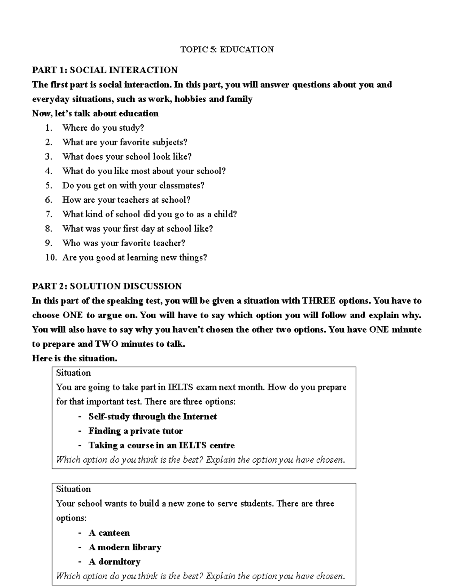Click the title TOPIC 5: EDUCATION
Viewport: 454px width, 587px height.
click(227, 50)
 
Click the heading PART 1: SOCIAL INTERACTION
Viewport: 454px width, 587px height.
click(105, 70)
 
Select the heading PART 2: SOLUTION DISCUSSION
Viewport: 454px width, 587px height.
click(107, 286)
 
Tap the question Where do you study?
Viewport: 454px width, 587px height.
click(103, 128)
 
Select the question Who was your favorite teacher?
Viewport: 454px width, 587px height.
click(123, 243)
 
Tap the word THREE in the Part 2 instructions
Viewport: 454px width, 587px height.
click(319, 301)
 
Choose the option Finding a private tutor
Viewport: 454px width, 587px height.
click(135, 431)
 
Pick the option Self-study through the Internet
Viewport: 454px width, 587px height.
click(152, 417)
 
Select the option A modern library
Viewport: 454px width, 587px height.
click(124, 547)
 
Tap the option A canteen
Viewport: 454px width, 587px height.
click(109, 533)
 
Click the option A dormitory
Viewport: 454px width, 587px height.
click(114, 562)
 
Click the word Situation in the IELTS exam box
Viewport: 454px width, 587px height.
click(73, 373)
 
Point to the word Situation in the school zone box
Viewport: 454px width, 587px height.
click(73, 489)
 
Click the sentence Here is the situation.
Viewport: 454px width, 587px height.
click(75, 358)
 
